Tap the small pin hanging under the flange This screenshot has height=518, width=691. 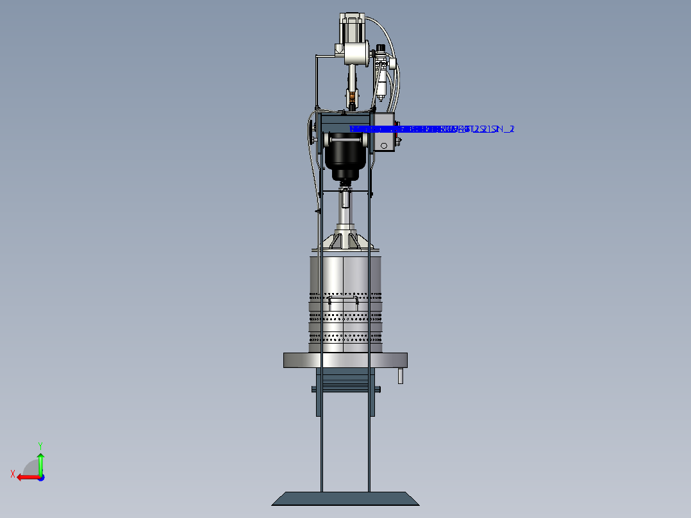pyautogui.click(x=401, y=376)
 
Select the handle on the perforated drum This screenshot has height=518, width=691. pyautogui.click(x=341, y=299)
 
